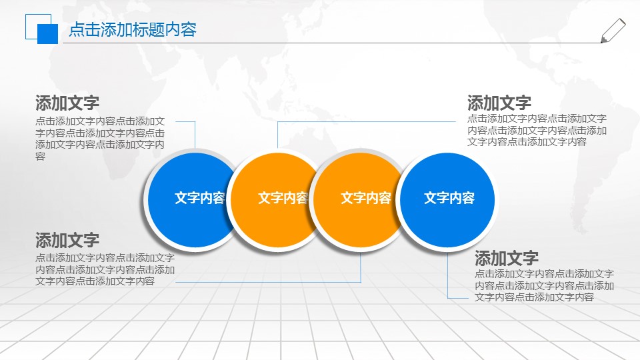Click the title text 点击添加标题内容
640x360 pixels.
pos(133,30)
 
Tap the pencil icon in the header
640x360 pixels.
pos(613,31)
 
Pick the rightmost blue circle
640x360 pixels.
pos(449,199)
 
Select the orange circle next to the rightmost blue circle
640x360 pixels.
pos(357,199)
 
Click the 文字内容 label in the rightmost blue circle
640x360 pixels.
pos(449,199)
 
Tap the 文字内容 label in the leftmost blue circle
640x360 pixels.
pos(199,199)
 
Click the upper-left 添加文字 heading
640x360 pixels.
pos(67,103)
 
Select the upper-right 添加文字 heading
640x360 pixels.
pos(499,103)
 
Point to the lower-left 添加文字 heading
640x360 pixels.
pos(67,240)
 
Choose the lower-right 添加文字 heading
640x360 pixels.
pos(507,259)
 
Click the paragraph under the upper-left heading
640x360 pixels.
pos(100,138)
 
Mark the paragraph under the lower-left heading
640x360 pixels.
pos(105,269)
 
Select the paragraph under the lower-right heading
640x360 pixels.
pos(544,286)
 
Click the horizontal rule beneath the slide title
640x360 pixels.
pos(333,43)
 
